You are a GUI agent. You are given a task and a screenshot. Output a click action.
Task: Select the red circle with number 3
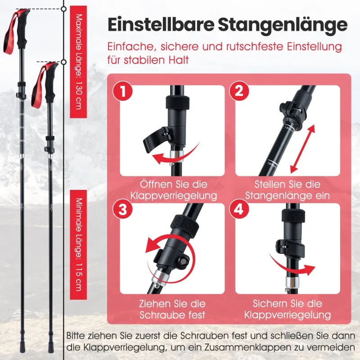(x=122, y=210)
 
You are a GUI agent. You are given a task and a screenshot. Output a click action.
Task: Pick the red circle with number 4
(x=239, y=210)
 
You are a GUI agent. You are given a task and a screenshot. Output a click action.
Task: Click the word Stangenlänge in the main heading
(x=283, y=25)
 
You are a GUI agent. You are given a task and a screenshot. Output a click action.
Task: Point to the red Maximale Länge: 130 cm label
(x=78, y=62)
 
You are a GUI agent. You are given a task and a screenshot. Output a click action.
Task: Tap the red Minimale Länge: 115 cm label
(x=78, y=245)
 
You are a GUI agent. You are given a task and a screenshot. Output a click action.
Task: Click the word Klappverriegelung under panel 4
(x=288, y=315)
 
